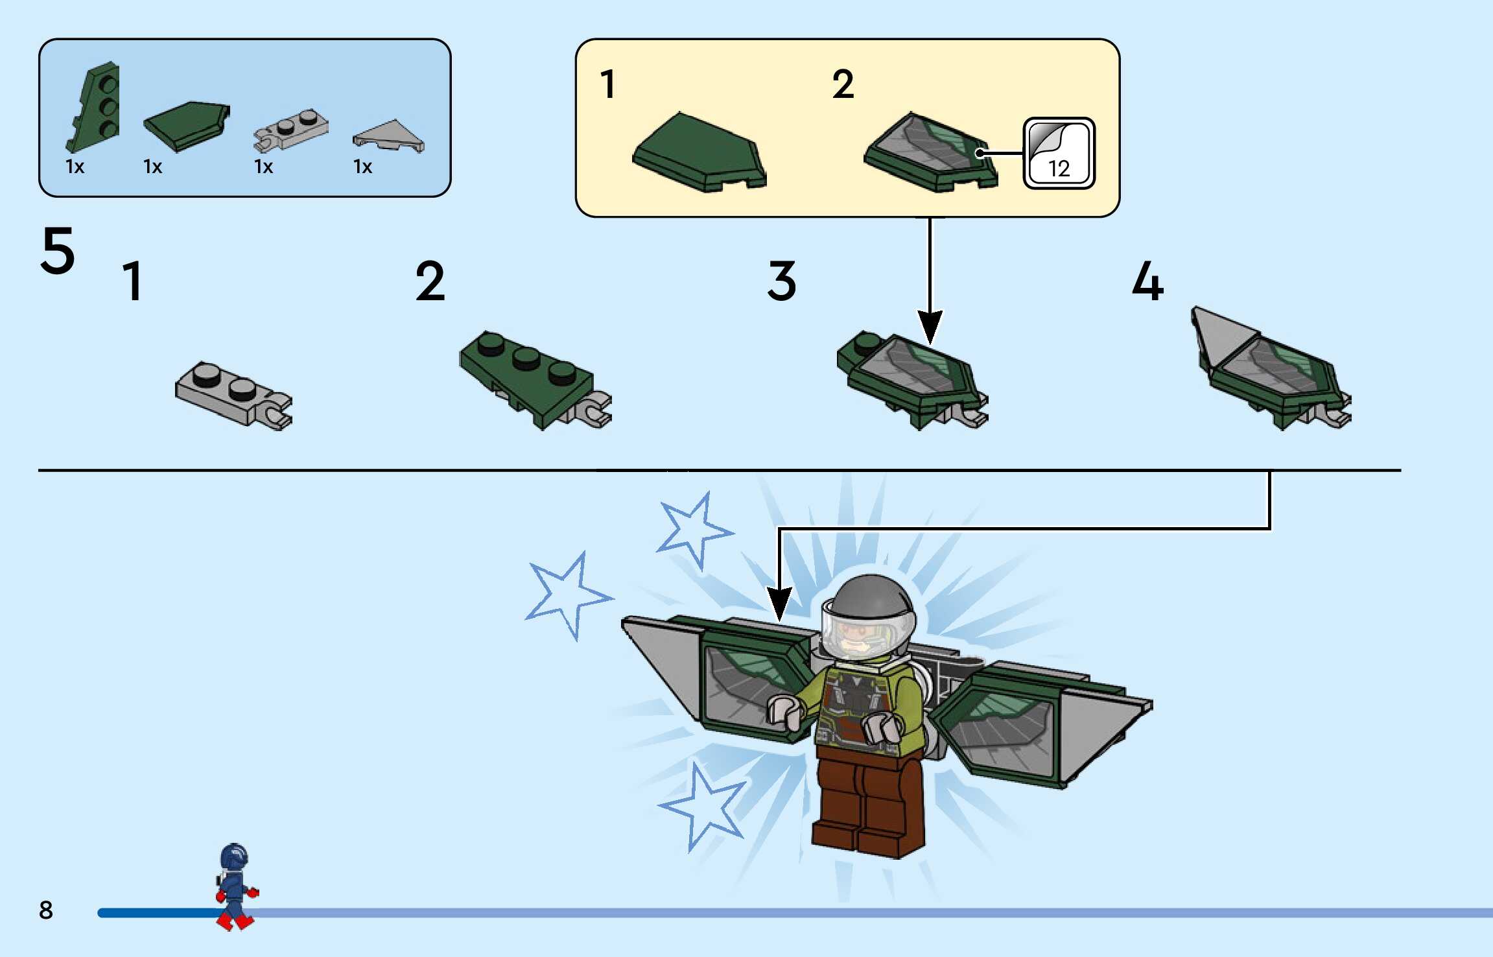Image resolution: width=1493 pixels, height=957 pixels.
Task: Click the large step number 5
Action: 58,250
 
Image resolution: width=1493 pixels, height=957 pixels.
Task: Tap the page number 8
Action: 45,910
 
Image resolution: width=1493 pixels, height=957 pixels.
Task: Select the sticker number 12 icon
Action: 1059,154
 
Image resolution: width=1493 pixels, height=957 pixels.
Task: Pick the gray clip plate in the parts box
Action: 290,130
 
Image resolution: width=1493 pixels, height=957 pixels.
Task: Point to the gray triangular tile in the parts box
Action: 388,136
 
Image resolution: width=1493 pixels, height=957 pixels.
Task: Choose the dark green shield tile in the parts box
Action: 187,126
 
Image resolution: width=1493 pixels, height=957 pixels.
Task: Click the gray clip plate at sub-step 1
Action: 233,396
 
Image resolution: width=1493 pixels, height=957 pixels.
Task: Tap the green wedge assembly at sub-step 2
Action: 535,379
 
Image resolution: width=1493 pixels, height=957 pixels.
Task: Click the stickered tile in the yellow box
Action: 930,152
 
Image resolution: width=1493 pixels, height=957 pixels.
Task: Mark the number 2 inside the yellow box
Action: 843,84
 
